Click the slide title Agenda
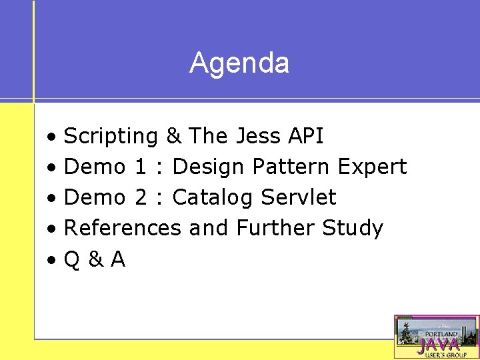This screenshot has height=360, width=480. (239, 63)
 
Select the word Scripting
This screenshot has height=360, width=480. (111, 137)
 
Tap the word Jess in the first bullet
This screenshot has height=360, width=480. (259, 136)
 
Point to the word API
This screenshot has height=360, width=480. (305, 136)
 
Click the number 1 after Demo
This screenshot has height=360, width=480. (140, 167)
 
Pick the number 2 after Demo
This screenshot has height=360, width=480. (140, 197)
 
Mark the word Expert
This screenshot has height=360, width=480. (372, 167)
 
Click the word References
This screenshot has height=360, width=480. (122, 228)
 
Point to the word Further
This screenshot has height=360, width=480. (276, 228)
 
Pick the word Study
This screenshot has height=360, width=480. (353, 228)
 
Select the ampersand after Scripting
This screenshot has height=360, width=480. (173, 136)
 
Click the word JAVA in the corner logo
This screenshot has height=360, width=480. (438, 345)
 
